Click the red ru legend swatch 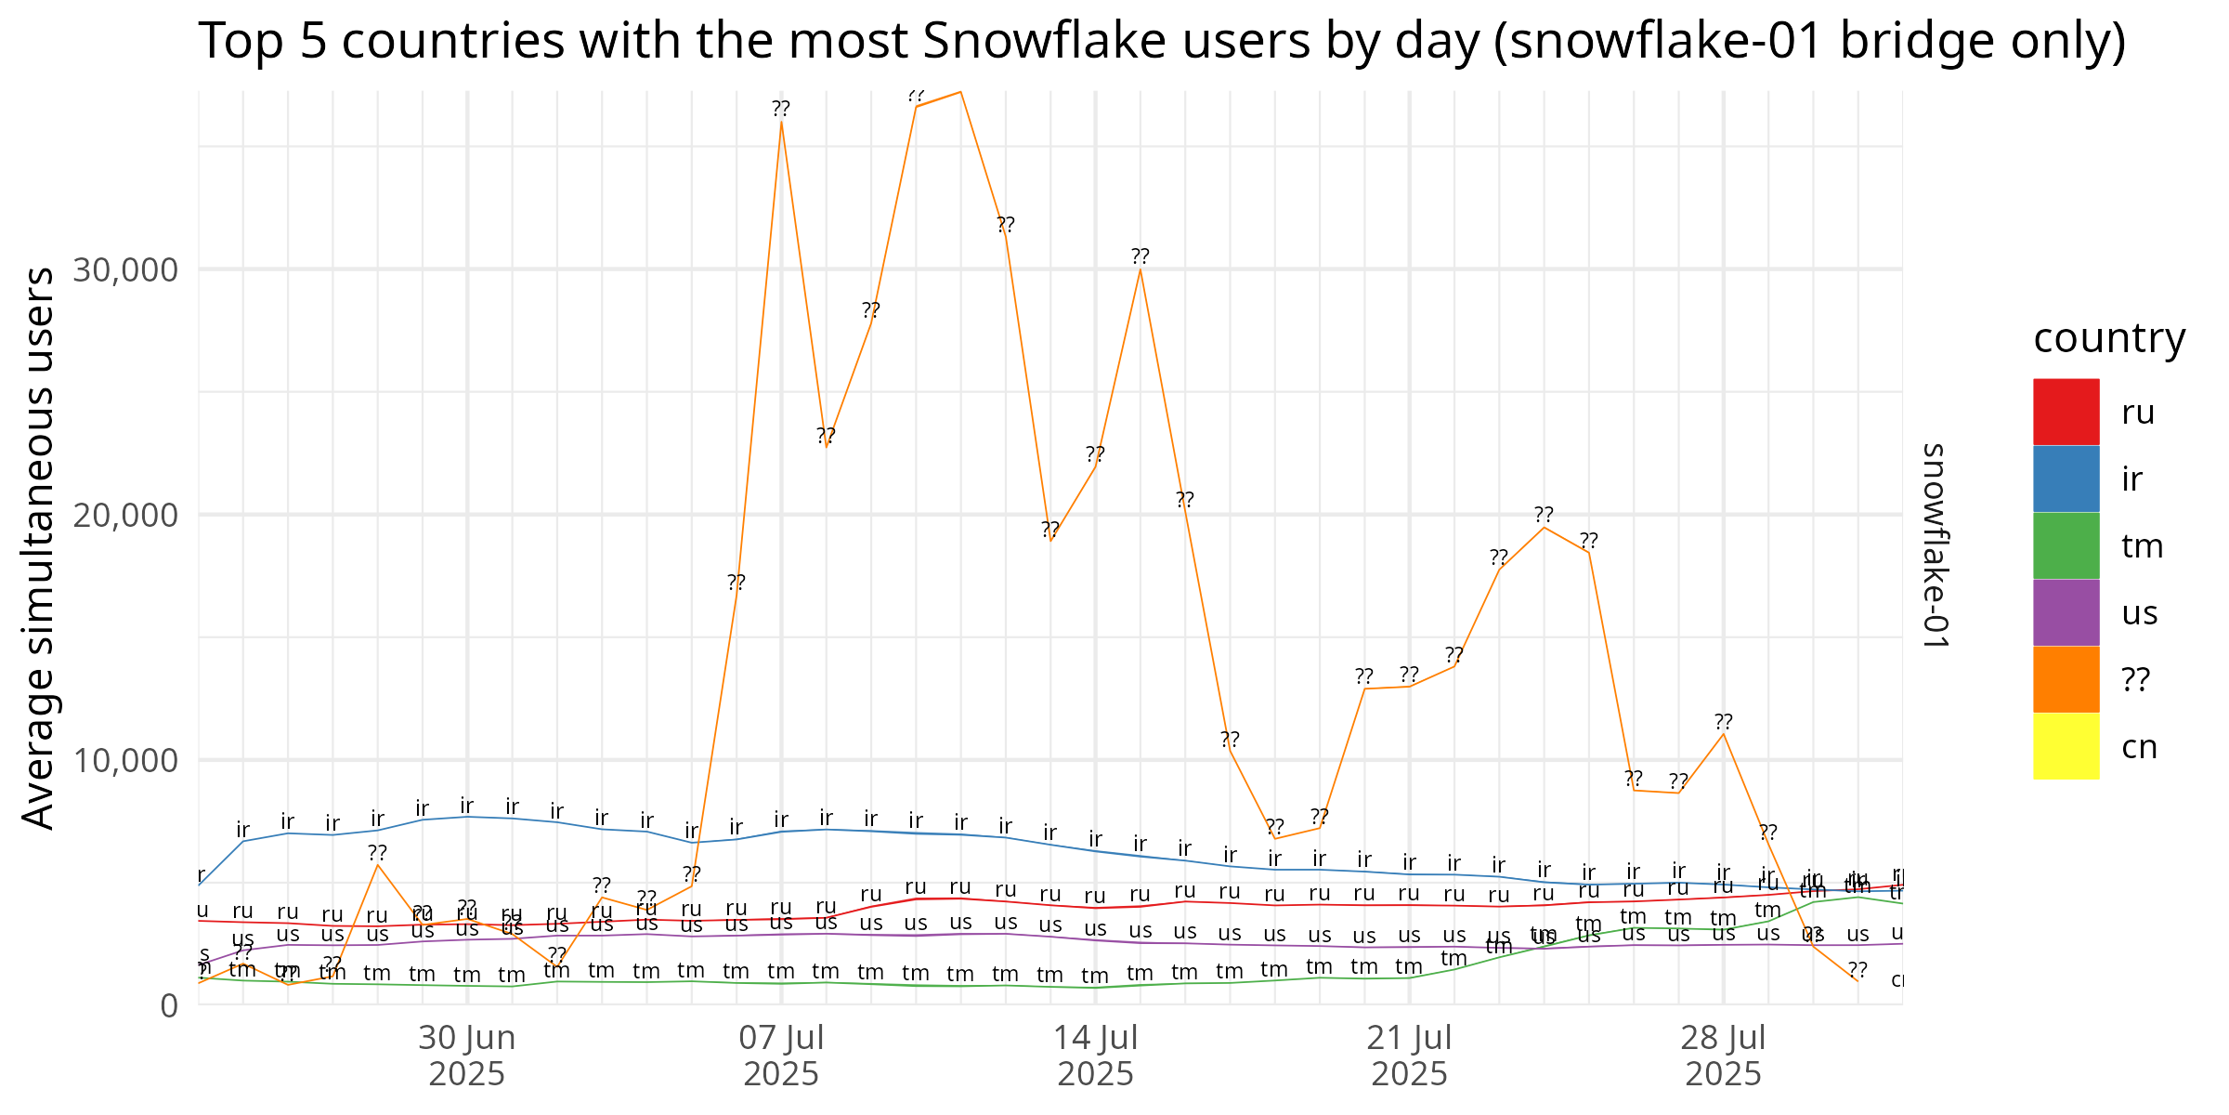pos(2066,412)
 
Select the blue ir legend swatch pos(2066,479)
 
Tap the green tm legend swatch pos(2066,545)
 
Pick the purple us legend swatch pos(2066,612)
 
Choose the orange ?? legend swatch pos(2066,679)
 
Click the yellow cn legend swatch pos(2066,746)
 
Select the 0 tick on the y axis pos(168,1006)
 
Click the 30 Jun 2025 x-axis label pos(466,1056)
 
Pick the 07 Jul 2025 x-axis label pos(781,1056)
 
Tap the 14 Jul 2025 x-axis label pos(1096,1056)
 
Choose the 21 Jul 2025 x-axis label pos(1410,1056)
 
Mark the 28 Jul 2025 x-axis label pos(1724,1056)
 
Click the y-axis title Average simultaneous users pos(39,548)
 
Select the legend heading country pos(2109,337)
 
